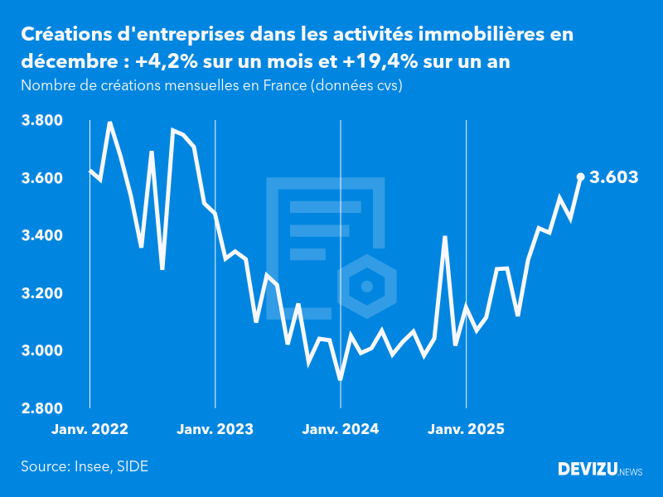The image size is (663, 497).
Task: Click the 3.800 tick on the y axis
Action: coord(41,121)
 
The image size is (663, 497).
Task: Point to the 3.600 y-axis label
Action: coord(41,178)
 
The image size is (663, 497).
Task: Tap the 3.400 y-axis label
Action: coord(41,236)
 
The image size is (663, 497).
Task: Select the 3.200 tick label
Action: coord(41,293)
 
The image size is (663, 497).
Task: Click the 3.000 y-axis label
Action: coord(41,351)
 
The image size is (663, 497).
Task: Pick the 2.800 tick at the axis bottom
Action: coord(41,408)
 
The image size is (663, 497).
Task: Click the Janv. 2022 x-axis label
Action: coord(90,429)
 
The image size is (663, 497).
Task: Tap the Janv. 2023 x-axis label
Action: coord(215,429)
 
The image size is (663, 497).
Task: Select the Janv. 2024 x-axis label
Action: coord(341,429)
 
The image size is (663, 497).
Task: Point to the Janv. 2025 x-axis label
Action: coord(467,429)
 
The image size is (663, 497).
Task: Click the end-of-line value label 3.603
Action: coord(613,176)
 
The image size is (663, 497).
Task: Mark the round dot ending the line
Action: coord(581,176)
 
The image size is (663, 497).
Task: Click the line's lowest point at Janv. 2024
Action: coord(341,379)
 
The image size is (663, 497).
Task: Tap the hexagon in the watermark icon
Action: coord(367,287)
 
